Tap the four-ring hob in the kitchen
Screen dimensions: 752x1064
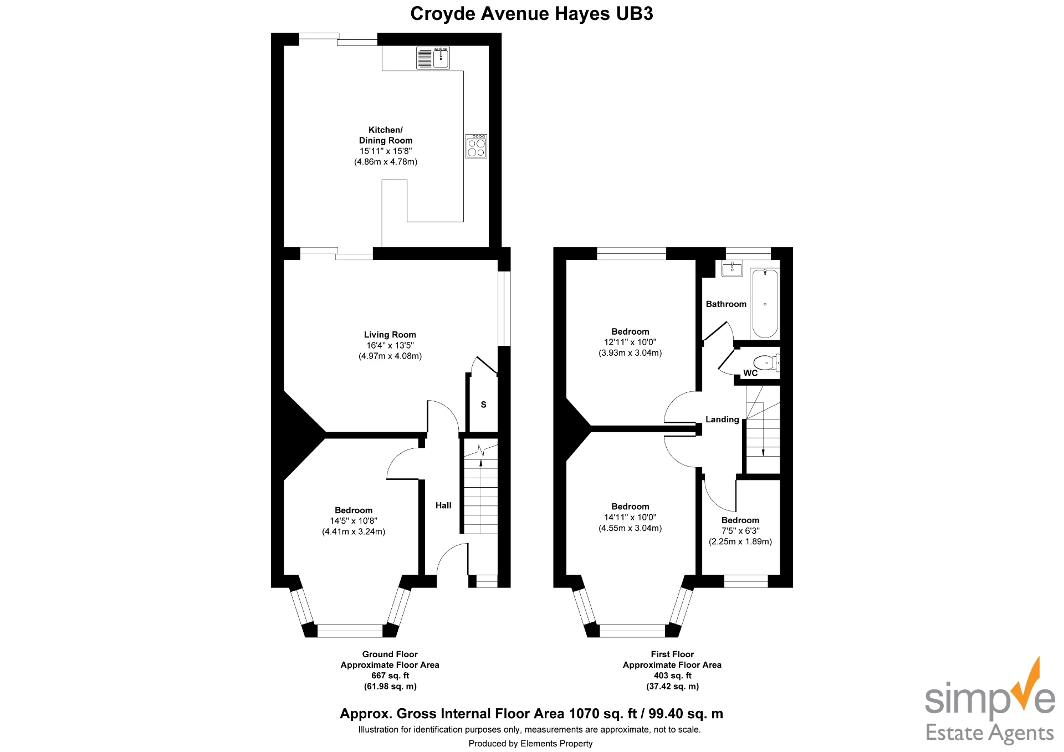click(x=476, y=146)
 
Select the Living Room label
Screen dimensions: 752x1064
click(x=390, y=335)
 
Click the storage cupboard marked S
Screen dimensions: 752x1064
click(x=483, y=405)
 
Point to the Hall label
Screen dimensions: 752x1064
click(x=443, y=505)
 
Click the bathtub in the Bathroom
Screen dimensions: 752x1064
click(x=765, y=304)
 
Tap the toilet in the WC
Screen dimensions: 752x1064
click(x=766, y=363)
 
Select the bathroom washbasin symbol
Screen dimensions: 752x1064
click(x=732, y=269)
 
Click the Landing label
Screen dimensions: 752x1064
click(x=722, y=420)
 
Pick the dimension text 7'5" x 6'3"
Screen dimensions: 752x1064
click(x=740, y=531)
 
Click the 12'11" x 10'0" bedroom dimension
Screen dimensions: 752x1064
click(x=630, y=342)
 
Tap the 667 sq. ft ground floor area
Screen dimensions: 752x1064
click(x=390, y=676)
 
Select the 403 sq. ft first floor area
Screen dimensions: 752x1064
click(x=672, y=676)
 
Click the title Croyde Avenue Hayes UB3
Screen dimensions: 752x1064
click(x=531, y=14)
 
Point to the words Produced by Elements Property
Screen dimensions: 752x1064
click(x=530, y=744)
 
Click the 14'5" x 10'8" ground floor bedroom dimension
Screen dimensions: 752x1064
click(x=354, y=521)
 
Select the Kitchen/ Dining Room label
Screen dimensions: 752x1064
click(x=386, y=135)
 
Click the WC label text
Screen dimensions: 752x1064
click(x=750, y=373)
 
